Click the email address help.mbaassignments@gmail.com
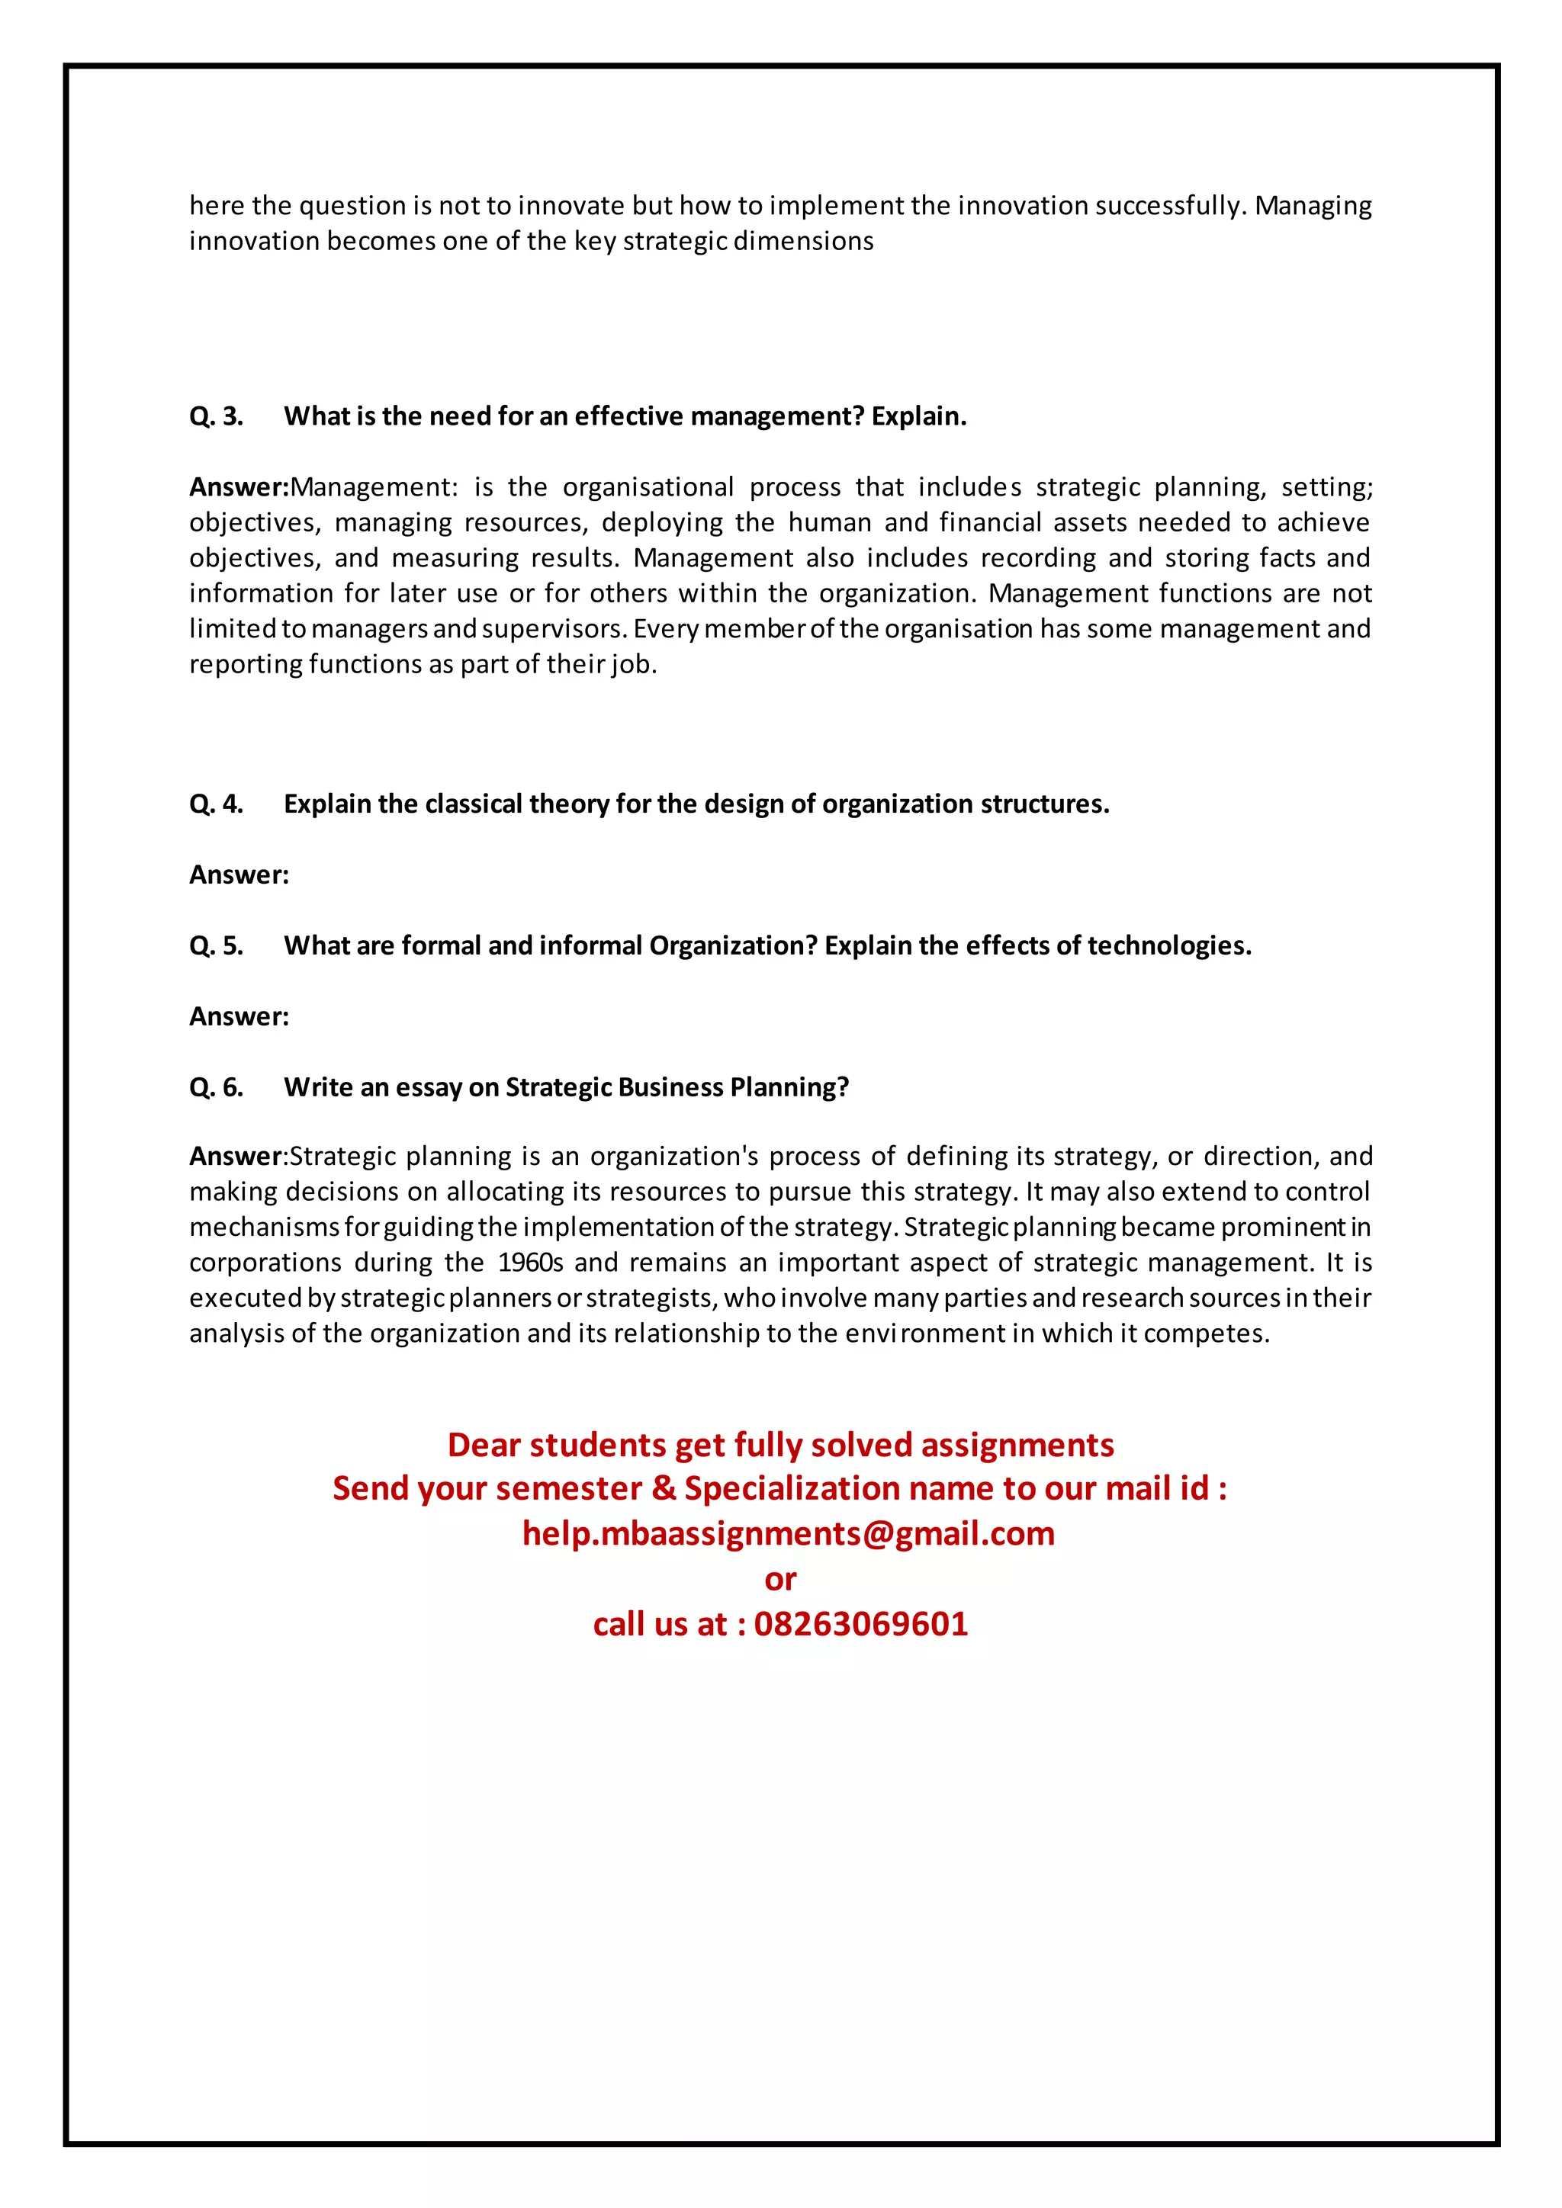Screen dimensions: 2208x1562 (x=788, y=1533)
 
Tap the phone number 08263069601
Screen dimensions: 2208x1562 (x=861, y=1623)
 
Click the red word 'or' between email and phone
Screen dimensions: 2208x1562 (x=780, y=1578)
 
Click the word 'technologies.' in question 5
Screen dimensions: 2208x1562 (x=1168, y=945)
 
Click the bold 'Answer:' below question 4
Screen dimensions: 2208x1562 (x=239, y=875)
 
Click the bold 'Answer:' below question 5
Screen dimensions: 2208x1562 (x=239, y=1016)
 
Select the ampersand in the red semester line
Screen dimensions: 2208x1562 (x=663, y=1489)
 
